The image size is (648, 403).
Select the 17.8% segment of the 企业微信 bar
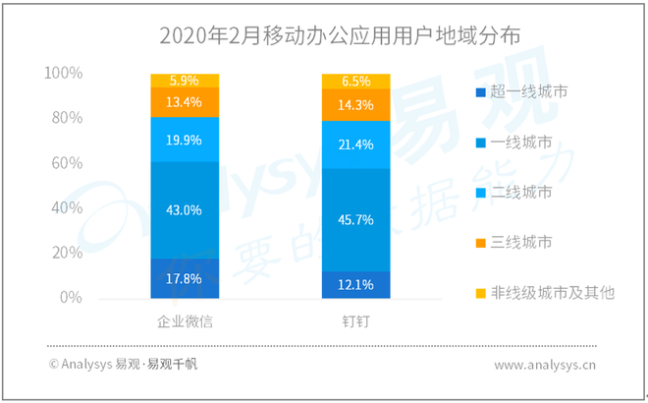(185, 278)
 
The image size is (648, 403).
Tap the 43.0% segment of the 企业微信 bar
(185, 209)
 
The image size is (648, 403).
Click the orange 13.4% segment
(185, 102)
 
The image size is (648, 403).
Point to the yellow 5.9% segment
(185, 81)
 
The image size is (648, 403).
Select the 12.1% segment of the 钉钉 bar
(354, 284)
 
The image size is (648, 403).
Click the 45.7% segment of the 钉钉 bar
(354, 219)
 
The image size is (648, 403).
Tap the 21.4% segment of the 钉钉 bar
(354, 144)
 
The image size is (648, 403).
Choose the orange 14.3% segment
(354, 104)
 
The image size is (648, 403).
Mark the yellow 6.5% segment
(354, 81)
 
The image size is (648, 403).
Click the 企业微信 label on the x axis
(186, 322)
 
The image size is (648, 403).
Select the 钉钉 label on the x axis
(354, 322)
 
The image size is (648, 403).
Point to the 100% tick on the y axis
(64, 74)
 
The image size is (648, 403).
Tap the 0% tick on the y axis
(71, 298)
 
